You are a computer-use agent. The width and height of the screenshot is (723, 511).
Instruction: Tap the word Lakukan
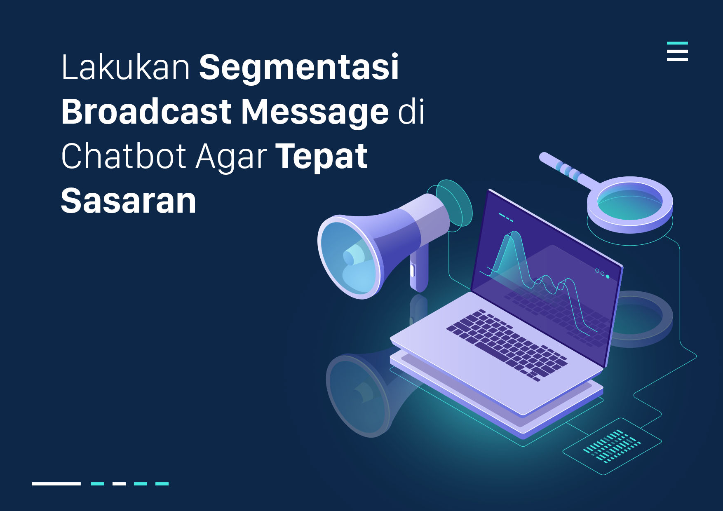point(125,67)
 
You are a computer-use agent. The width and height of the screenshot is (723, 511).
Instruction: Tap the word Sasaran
point(129,201)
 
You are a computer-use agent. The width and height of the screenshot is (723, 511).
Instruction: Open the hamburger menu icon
point(677,51)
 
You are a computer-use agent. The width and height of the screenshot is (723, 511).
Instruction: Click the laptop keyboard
point(507,345)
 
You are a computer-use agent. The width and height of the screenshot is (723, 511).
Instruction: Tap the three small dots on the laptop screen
point(602,273)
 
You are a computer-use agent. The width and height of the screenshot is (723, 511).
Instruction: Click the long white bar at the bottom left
point(56,484)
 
